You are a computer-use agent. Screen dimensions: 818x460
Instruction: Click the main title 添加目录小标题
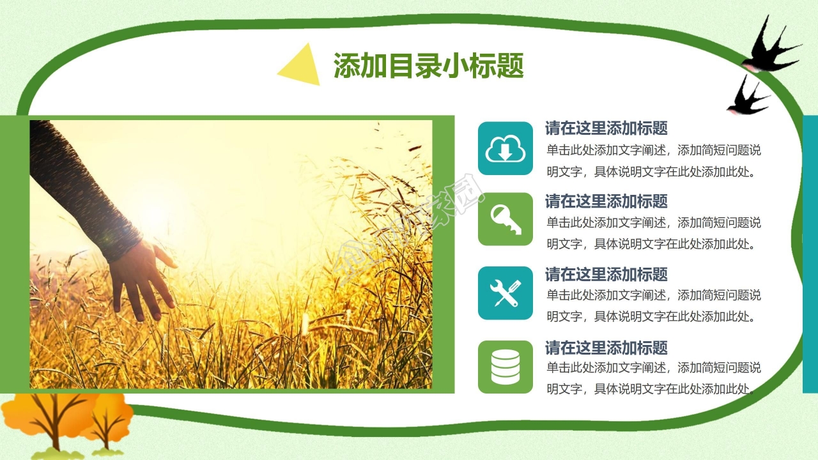pyautogui.click(x=429, y=66)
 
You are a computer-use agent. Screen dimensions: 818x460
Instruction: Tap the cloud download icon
pyautogui.click(x=505, y=148)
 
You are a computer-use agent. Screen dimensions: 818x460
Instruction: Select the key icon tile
pyautogui.click(x=505, y=219)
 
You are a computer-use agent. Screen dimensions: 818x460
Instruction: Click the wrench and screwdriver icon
pyautogui.click(x=505, y=293)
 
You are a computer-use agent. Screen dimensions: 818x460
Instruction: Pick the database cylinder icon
pyautogui.click(x=505, y=367)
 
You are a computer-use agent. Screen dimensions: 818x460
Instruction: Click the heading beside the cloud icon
pyautogui.click(x=606, y=128)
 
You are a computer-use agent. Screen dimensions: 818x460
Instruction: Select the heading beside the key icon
pyautogui.click(x=606, y=201)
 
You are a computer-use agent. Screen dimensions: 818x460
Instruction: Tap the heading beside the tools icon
pyautogui.click(x=606, y=275)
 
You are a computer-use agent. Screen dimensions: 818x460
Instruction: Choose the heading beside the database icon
pyautogui.click(x=606, y=348)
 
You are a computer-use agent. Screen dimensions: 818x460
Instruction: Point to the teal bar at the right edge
pyautogui.click(x=810, y=254)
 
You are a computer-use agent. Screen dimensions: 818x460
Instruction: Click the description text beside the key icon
pyautogui.click(x=654, y=233)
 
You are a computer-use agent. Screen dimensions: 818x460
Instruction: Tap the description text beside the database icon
pyautogui.click(x=654, y=378)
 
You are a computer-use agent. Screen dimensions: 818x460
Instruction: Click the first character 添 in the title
pyautogui.click(x=347, y=66)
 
